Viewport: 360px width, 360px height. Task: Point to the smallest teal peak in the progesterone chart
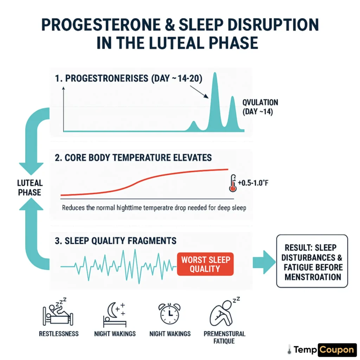[x=193, y=126]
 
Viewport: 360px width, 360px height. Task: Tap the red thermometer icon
[x=232, y=183]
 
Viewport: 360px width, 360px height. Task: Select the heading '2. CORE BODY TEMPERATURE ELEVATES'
[x=134, y=157]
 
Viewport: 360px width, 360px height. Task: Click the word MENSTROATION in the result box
[x=313, y=277]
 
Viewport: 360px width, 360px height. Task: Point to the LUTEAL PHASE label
[x=30, y=187]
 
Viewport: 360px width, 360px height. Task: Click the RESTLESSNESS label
[x=59, y=334]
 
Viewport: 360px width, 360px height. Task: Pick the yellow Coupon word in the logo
[x=337, y=349]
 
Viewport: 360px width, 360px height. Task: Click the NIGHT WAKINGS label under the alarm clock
[x=170, y=334]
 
